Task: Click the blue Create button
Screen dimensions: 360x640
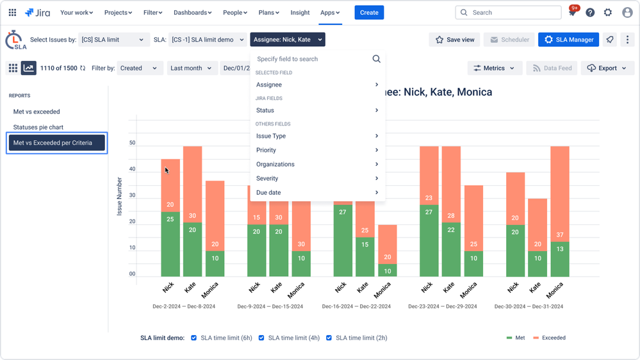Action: pyautogui.click(x=369, y=12)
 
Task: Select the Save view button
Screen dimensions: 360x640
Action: pyautogui.click(x=454, y=40)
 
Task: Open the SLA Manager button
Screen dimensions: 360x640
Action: pyautogui.click(x=568, y=40)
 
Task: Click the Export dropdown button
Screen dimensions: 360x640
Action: pyautogui.click(x=607, y=68)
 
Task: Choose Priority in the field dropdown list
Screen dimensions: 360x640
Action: pyautogui.click(x=266, y=150)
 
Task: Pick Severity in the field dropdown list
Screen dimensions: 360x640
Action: pyautogui.click(x=267, y=178)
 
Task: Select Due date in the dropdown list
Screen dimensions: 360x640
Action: pyautogui.click(x=268, y=192)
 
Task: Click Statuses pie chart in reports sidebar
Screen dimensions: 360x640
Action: pyautogui.click(x=38, y=127)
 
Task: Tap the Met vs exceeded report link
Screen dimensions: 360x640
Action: pyautogui.click(x=37, y=111)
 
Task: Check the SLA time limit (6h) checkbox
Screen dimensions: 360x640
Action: pyautogui.click(x=194, y=338)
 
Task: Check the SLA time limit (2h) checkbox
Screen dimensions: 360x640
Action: pyautogui.click(x=329, y=338)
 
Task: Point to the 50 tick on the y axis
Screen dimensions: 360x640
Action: pyautogui.click(x=132, y=143)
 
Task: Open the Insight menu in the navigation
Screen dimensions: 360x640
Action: pyautogui.click(x=300, y=12)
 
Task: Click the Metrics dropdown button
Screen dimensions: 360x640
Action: pyautogui.click(x=495, y=68)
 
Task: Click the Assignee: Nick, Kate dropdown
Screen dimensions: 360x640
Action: pyautogui.click(x=288, y=40)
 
